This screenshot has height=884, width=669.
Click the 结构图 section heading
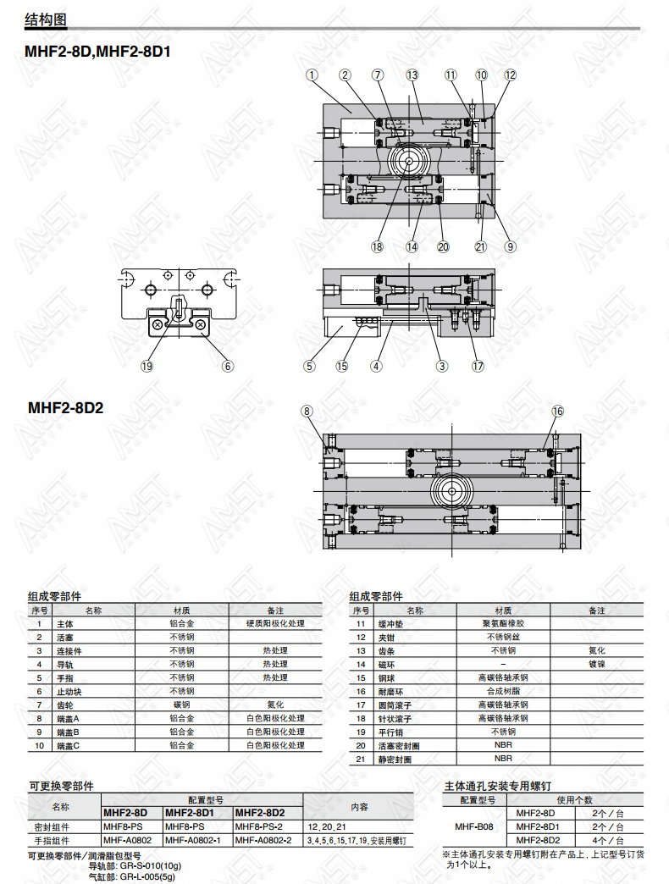coord(46,19)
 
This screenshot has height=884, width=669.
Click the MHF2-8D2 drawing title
coord(65,407)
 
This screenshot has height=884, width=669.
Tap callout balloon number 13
coord(412,75)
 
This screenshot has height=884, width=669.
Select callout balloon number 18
coord(377,246)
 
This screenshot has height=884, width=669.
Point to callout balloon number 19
coord(147,366)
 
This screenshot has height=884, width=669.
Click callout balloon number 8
coord(307,411)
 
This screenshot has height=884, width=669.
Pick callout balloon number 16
coord(557,411)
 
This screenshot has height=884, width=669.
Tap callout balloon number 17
coord(478,366)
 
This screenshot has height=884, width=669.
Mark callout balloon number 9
coord(510,246)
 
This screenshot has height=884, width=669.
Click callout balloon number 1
coord(312,75)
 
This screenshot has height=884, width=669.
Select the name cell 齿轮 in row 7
coord(65,705)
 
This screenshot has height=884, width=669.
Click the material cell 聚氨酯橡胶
coord(503,623)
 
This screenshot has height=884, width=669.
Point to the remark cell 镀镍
coord(597,664)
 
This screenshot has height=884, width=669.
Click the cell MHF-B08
coord(474,826)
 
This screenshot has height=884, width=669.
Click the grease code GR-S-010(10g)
coord(151,865)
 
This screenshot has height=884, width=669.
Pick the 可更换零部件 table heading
coord(62,786)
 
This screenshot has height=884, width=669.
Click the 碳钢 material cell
coord(181,704)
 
